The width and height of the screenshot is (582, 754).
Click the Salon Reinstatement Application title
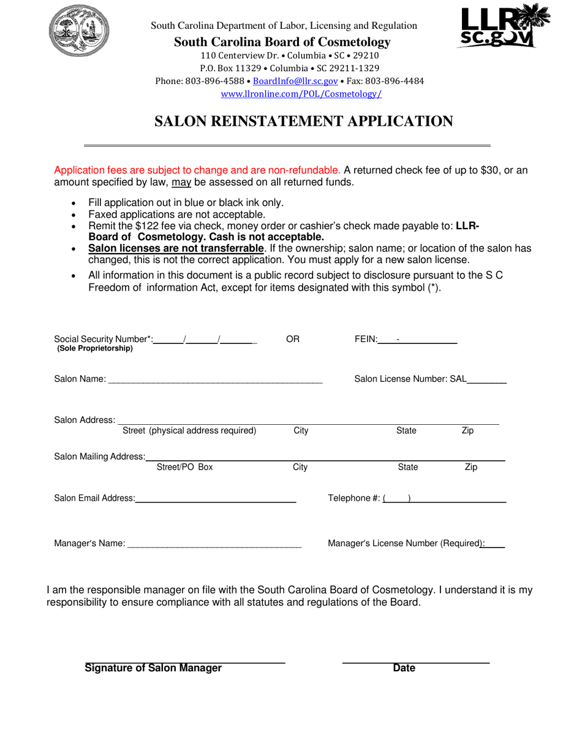point(303,121)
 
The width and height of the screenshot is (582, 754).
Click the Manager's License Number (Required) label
point(406,543)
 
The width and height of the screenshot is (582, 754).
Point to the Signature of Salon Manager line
point(185,662)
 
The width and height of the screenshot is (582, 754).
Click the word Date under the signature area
point(404,668)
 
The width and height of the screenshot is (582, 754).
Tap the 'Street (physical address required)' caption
point(189,430)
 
